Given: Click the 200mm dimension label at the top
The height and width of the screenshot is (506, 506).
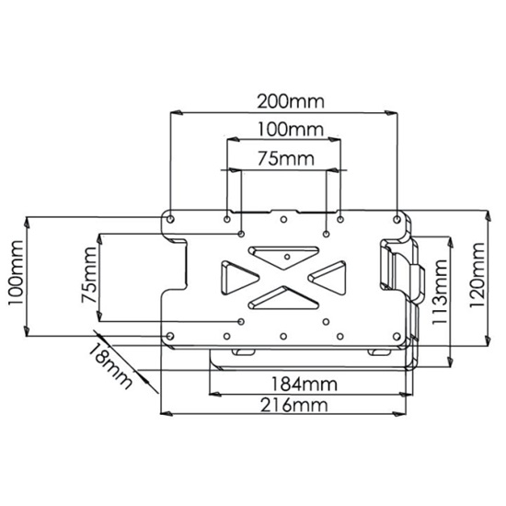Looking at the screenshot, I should (283, 99).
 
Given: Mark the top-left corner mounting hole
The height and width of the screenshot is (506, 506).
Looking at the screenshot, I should (170, 219).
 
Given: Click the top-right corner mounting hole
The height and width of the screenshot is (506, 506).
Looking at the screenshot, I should (397, 219).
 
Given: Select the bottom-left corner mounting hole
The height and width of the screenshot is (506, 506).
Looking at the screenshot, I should (171, 334).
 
